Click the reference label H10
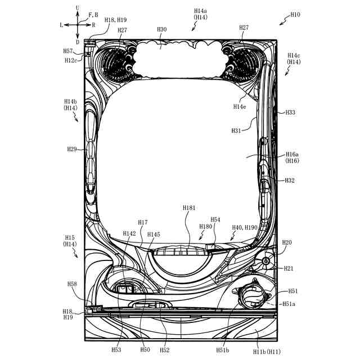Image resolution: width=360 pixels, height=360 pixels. coord(295,15)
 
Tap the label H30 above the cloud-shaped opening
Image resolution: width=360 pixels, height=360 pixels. coord(162,29)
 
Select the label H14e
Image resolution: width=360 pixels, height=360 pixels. coord(240,106)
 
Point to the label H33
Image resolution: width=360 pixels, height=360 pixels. coord(290,112)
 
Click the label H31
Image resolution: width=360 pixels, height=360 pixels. coord(236,130)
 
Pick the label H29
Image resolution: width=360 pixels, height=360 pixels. coord(72,149)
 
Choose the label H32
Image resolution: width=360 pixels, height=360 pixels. coord(290,180)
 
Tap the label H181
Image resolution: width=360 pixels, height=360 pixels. coord(189,208)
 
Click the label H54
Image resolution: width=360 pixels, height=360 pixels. coord(215,219)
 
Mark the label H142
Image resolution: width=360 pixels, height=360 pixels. coord(129,233)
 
